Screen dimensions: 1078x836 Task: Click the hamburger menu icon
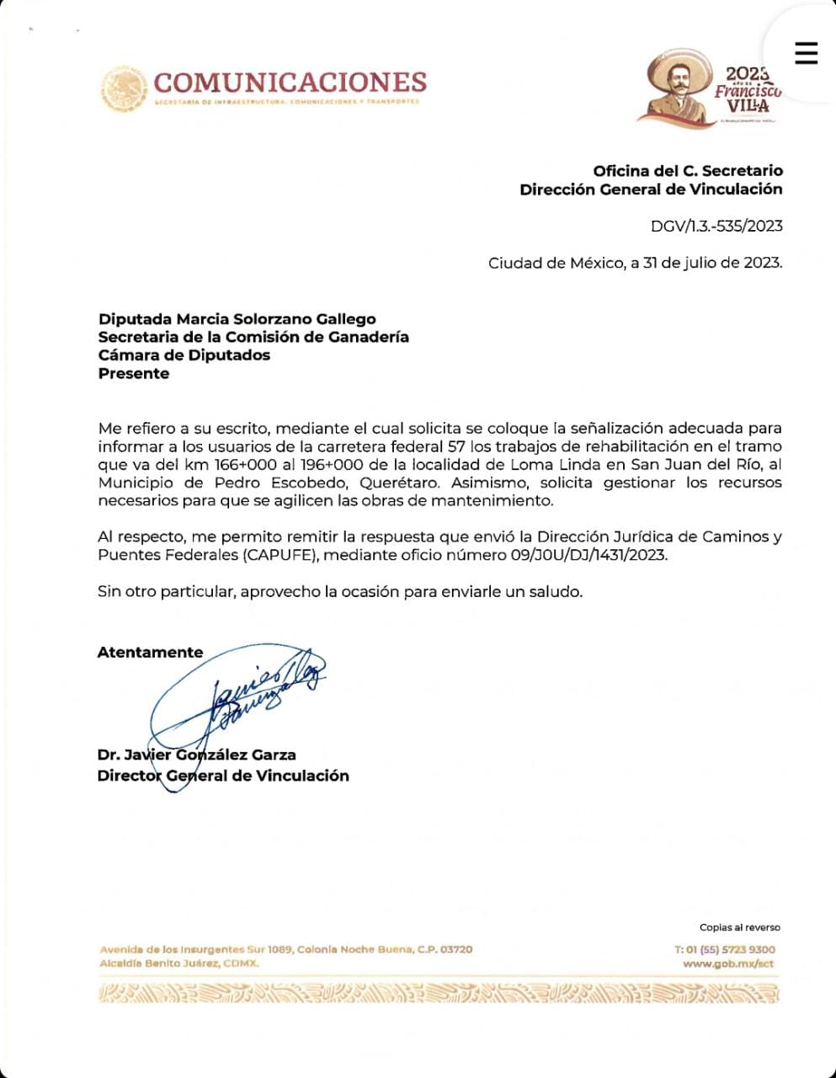pyautogui.click(x=806, y=53)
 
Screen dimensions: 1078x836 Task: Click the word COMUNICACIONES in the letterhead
pyautogui.click(x=290, y=83)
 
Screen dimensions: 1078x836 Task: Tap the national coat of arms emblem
pyautogui.click(x=125, y=89)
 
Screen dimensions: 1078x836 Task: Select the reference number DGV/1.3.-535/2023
pyautogui.click(x=716, y=226)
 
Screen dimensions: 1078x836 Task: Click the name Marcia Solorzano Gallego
pyautogui.click(x=276, y=319)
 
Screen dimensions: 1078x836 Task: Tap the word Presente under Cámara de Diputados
pyautogui.click(x=134, y=374)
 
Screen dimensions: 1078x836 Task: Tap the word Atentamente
pyautogui.click(x=150, y=652)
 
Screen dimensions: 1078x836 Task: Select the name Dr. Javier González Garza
pyautogui.click(x=196, y=755)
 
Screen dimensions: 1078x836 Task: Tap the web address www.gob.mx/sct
pyautogui.click(x=728, y=963)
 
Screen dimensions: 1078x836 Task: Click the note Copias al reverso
pyautogui.click(x=739, y=927)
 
